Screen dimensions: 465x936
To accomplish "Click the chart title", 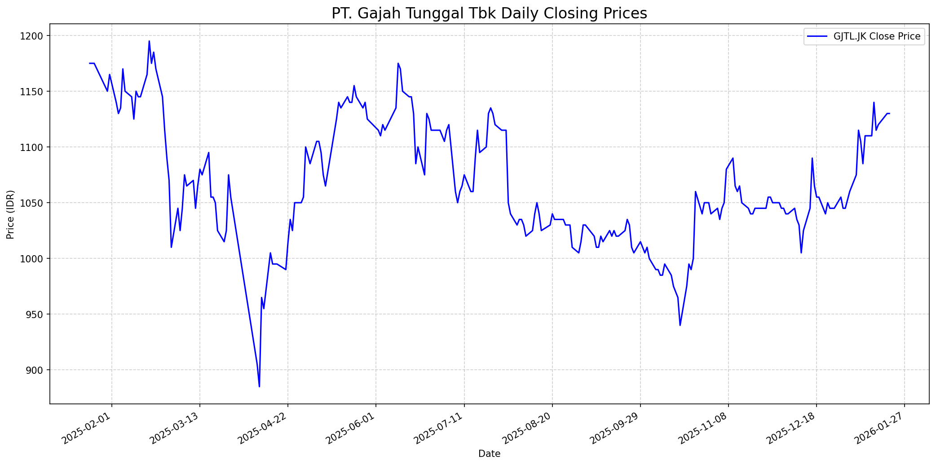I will [x=489, y=13].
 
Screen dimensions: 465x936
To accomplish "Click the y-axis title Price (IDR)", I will [x=11, y=214].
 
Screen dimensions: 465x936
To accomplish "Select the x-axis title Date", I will [x=489, y=454].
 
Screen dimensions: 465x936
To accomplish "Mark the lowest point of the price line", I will [x=259, y=386].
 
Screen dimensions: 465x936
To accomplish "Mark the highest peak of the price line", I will [x=149, y=41].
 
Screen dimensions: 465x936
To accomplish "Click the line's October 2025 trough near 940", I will [x=680, y=325].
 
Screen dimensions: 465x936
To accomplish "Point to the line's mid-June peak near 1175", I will [x=398, y=63].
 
